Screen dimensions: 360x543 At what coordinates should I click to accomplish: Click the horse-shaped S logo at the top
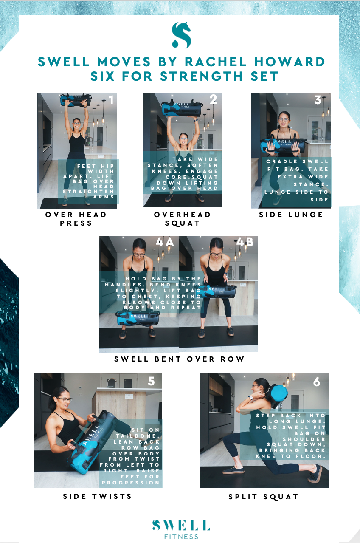point(181,35)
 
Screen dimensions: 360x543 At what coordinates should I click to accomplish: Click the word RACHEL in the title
point(216,62)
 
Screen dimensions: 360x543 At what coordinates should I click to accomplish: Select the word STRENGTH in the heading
point(201,76)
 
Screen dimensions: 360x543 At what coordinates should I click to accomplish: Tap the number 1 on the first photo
point(111,100)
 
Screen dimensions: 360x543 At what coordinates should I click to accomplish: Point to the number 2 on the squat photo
point(213,99)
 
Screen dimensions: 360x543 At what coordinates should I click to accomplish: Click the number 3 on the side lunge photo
point(318,100)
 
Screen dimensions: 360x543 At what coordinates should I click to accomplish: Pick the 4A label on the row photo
point(165,242)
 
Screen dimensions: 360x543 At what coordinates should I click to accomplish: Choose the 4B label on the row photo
point(245,242)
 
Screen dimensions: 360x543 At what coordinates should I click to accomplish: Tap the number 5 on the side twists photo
point(151,381)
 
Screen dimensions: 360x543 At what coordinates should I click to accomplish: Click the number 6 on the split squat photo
point(317,382)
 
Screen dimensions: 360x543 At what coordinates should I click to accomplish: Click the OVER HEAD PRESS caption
point(76,219)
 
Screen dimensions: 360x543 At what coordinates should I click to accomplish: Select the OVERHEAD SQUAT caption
point(182,219)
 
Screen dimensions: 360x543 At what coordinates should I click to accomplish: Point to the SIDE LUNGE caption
point(291,215)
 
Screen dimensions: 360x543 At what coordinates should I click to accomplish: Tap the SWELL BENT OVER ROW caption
point(179,359)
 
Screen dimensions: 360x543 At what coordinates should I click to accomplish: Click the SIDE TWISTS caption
point(97,496)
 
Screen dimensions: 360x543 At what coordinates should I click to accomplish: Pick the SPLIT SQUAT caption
point(263,497)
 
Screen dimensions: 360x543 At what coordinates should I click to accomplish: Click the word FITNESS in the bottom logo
point(181,537)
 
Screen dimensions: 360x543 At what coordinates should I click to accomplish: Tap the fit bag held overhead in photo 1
point(76,99)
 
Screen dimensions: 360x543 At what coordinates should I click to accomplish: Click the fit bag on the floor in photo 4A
point(138,318)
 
